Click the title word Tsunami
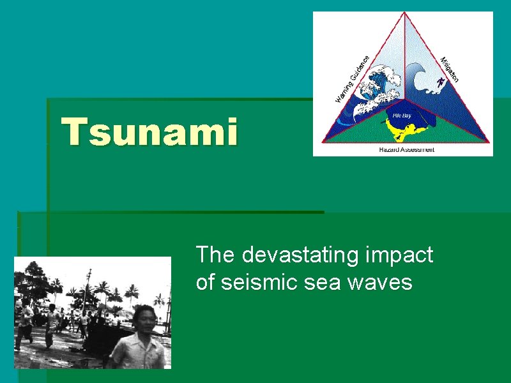149,131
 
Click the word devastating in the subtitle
300,255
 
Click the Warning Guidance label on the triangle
353,78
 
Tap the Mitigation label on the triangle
450,69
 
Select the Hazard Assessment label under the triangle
406,149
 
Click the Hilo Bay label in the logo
402,116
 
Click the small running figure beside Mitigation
440,82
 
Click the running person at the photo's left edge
26,319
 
